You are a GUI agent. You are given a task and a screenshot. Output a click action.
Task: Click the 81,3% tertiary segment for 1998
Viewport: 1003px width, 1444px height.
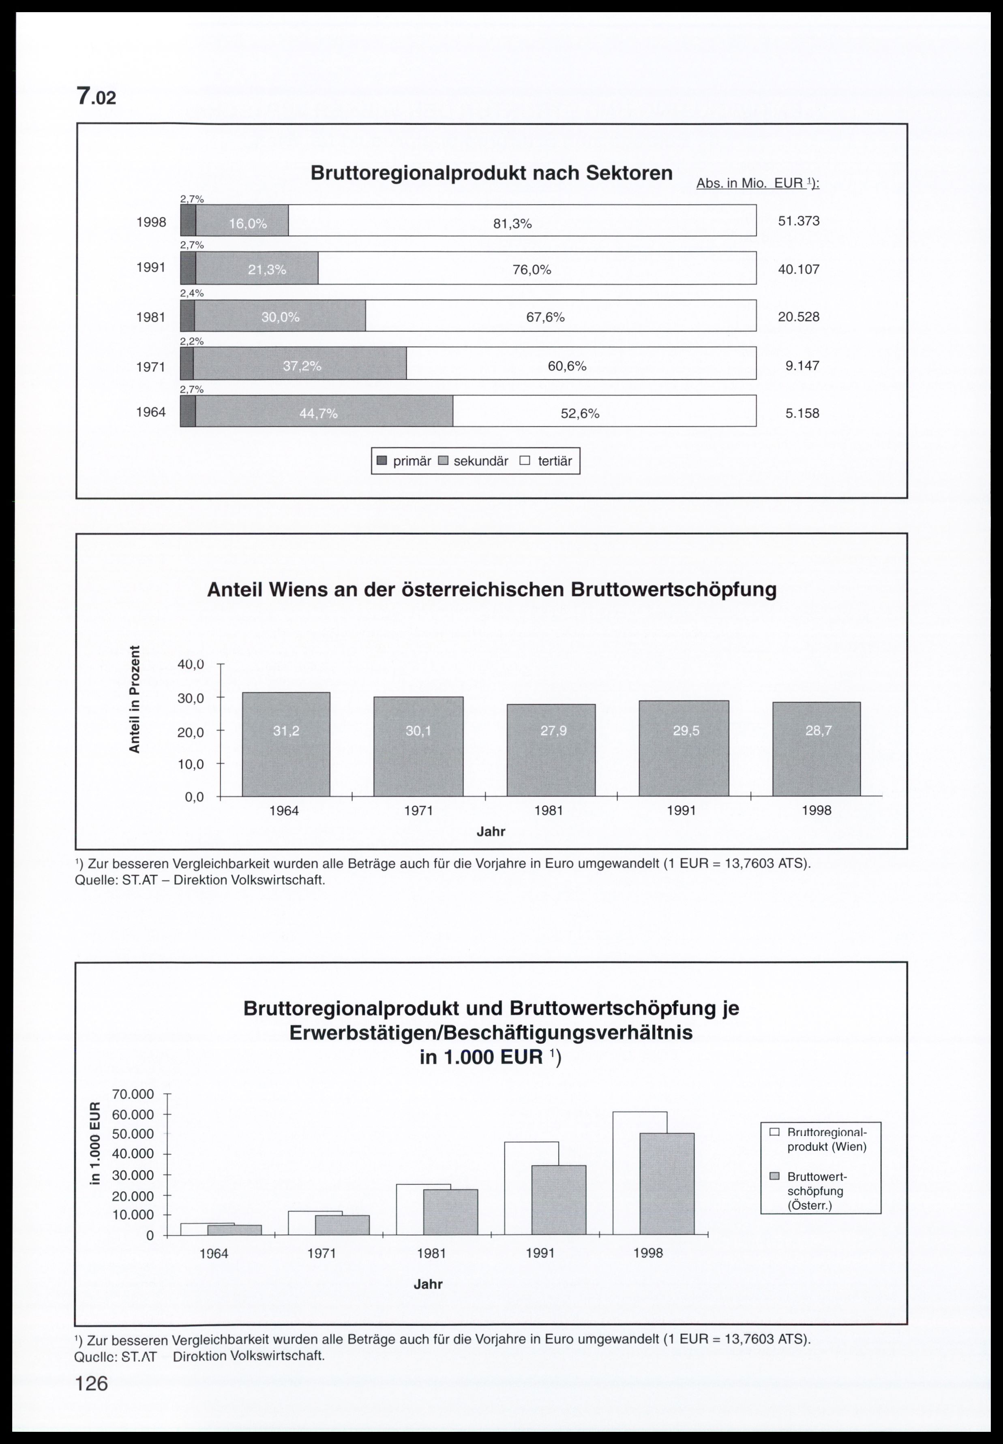tap(522, 221)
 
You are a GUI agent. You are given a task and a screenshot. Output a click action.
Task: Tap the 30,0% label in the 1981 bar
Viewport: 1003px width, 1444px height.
tap(280, 317)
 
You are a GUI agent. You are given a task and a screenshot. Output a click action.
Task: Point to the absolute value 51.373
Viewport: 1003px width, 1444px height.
tap(798, 221)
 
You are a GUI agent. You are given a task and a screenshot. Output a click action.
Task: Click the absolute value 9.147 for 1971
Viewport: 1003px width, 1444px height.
tap(802, 365)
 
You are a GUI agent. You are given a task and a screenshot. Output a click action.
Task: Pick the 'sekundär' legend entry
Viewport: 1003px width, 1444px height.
tap(474, 461)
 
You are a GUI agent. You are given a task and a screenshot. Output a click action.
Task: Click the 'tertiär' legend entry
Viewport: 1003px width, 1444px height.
tap(547, 461)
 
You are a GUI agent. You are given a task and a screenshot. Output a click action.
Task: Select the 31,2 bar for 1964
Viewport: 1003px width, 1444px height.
tap(286, 744)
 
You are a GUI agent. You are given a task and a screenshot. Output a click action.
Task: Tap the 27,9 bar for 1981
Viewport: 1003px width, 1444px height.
tap(551, 751)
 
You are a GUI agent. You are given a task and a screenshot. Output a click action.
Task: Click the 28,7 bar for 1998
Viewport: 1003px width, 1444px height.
tap(817, 749)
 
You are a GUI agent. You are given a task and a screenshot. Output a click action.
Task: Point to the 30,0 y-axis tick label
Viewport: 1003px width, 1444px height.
tap(191, 698)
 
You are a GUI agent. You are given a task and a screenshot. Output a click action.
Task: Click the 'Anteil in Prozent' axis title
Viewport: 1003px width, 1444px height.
tap(134, 699)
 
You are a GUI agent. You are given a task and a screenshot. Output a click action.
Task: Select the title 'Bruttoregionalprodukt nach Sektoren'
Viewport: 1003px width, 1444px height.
tap(491, 173)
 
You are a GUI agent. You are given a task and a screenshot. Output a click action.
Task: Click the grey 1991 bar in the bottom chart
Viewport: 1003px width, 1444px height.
tap(558, 1200)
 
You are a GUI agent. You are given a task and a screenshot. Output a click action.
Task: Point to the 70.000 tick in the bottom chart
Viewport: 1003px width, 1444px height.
tap(133, 1095)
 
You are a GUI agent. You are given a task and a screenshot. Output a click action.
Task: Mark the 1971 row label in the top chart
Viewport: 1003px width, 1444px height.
tap(151, 366)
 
